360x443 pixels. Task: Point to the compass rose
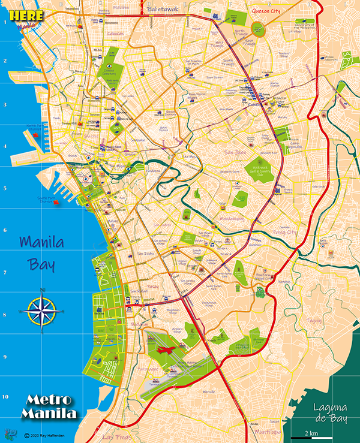click(41, 311)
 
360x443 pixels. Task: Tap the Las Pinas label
click(116, 436)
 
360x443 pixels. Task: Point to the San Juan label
click(235, 152)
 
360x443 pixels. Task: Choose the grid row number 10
click(5, 396)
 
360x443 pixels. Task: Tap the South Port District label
click(46, 198)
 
